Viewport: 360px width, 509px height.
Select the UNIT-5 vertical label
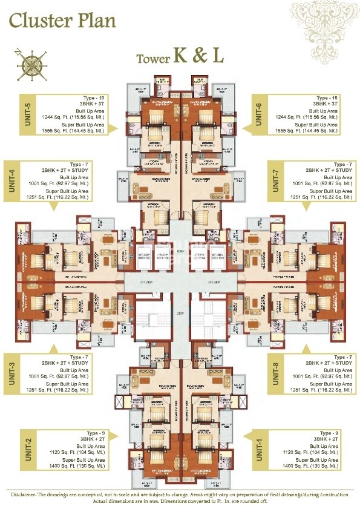11,114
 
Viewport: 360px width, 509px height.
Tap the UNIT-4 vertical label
11,181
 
